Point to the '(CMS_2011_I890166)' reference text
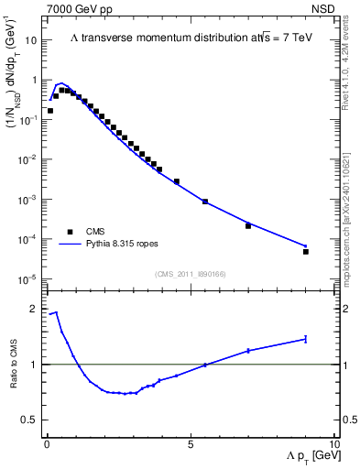coord(190,274)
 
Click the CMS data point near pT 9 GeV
coord(306,251)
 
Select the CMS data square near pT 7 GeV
coord(248,225)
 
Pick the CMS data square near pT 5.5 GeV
coord(205,202)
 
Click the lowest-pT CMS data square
coord(50,111)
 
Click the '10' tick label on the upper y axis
coord(31,40)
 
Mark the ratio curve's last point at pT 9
coord(306,339)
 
